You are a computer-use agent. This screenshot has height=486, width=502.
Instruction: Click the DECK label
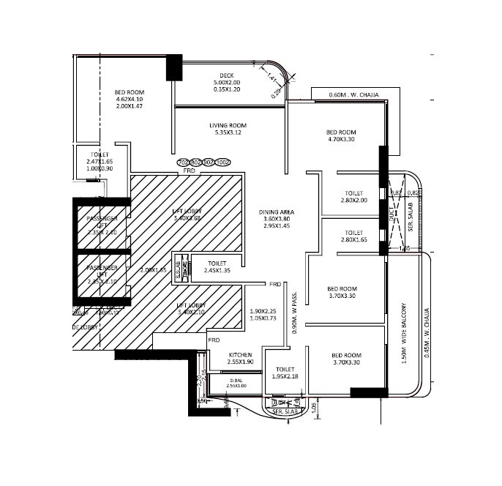226,75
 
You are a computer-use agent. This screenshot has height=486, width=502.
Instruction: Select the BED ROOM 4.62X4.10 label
130,93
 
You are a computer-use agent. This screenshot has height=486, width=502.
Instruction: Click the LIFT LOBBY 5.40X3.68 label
187,211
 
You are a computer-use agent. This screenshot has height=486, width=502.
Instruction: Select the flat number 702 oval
184,162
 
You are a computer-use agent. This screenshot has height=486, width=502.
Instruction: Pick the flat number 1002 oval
223,162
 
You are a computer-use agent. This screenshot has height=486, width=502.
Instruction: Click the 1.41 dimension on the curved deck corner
271,76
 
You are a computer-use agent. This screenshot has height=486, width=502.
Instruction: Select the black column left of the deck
175,67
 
